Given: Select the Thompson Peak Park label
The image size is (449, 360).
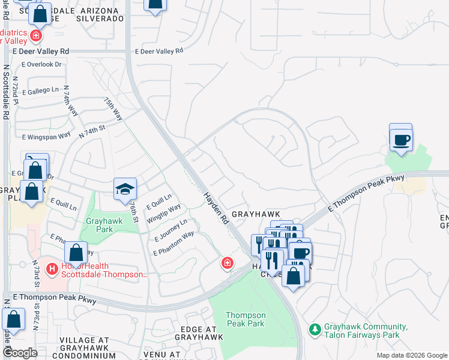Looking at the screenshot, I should click(x=246, y=319).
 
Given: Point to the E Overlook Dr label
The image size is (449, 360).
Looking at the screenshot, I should click(x=42, y=64).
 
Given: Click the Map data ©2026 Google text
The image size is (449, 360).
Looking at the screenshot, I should click(x=411, y=355).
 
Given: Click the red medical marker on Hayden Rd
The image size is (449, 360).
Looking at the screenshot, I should click(x=228, y=263).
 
